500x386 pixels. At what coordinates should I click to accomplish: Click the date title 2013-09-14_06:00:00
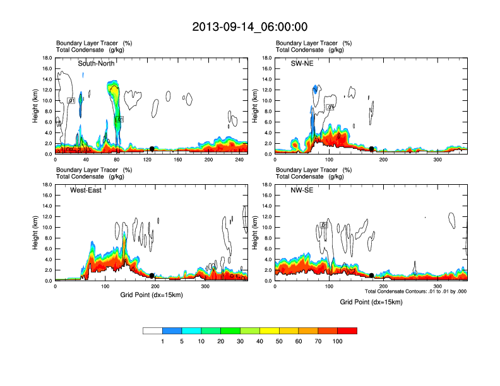point(250,26)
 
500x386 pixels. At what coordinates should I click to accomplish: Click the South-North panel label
point(95,64)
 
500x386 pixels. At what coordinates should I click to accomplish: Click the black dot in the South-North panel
point(152,149)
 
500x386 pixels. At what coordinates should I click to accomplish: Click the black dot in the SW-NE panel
point(372,149)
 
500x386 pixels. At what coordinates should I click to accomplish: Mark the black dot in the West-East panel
point(152,276)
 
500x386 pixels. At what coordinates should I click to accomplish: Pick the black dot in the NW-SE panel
point(372,276)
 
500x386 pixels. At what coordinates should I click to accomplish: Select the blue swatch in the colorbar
point(172,330)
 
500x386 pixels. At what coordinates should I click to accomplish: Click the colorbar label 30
point(241,341)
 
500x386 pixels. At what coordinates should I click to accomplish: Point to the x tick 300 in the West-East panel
point(205,286)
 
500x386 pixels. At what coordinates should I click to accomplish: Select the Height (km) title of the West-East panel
point(37,233)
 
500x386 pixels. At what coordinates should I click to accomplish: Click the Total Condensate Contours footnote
point(415,291)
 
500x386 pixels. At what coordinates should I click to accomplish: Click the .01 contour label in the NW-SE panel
point(324,225)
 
